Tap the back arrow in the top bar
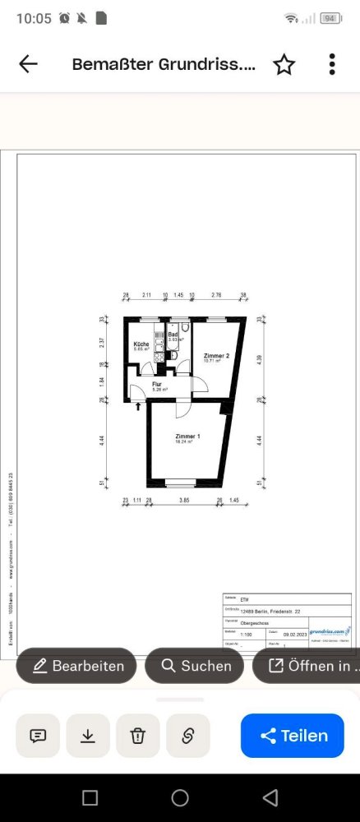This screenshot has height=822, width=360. click(28, 64)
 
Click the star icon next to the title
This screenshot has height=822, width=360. click(284, 64)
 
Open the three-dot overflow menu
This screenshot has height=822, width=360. click(332, 64)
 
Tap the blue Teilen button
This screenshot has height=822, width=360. click(293, 736)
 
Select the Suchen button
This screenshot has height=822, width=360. click(194, 666)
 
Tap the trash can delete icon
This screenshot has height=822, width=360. click(138, 736)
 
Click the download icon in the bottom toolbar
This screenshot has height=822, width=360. click(88, 736)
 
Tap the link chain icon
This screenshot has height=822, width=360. click(187, 736)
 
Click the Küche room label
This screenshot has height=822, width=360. click(141, 344)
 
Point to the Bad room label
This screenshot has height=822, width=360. click(173, 335)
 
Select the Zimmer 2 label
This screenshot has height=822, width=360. click(216, 355)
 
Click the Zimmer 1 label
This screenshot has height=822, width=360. click(187, 436)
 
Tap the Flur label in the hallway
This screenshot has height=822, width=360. click(157, 384)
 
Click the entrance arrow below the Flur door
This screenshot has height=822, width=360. click(138, 405)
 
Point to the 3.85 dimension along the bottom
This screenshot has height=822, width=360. click(185, 500)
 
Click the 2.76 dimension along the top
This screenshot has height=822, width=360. click(217, 294)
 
